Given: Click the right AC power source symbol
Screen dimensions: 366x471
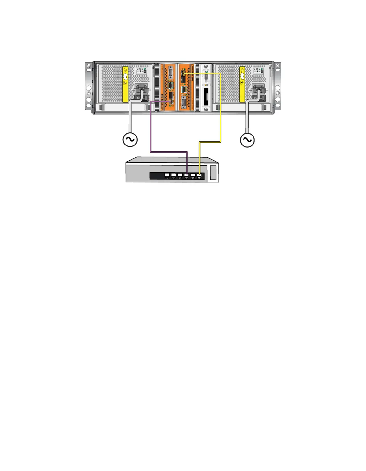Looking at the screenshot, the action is (247, 140).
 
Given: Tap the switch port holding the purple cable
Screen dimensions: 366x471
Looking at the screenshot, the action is (186, 176).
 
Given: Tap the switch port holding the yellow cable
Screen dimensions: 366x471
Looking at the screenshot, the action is (199, 176).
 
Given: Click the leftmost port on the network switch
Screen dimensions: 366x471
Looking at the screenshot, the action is (167, 176).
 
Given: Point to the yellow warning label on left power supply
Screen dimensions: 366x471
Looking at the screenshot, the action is (125, 84).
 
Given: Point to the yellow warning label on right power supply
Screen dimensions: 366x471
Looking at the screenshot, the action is (243, 84).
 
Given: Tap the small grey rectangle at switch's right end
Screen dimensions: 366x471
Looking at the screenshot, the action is (213, 173).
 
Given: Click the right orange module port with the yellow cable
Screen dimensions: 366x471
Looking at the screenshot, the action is (183, 75).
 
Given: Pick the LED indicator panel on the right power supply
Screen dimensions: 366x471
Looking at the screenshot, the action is (258, 71).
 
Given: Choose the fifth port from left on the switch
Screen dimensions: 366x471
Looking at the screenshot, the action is (192, 176).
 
